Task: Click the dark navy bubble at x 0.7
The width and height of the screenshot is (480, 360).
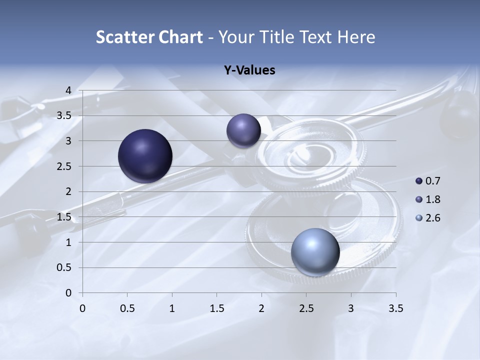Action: pos(145,156)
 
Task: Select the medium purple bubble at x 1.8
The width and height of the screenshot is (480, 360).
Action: pos(243,130)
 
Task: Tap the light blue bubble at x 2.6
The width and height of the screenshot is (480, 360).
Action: pos(315,252)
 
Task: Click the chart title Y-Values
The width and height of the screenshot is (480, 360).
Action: pos(249,70)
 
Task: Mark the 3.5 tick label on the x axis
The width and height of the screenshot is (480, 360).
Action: pos(395,308)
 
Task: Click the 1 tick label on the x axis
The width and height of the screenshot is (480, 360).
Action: pos(172,308)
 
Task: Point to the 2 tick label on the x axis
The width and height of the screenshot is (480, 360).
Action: pos(261,308)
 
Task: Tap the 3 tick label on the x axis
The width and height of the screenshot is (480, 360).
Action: pos(351,308)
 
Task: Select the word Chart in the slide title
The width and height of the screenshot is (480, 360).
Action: pos(180,37)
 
